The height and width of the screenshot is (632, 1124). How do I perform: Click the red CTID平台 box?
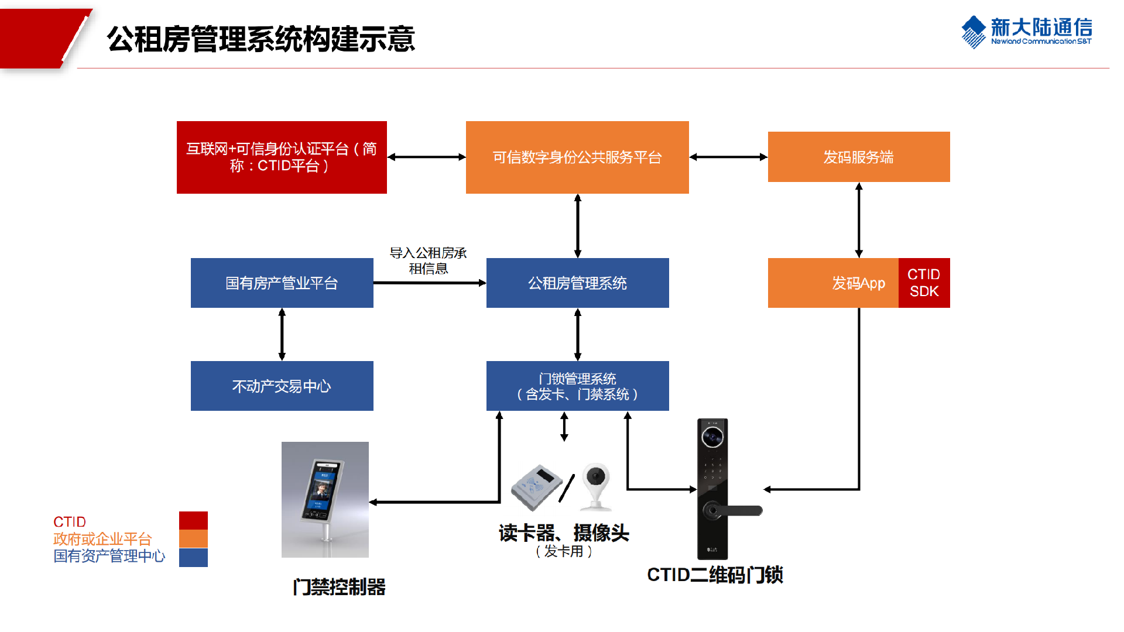(282, 157)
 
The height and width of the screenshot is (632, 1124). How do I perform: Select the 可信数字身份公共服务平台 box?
(577, 157)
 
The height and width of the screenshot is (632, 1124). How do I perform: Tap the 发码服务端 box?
(858, 157)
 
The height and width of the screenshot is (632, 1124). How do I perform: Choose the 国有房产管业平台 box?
(282, 283)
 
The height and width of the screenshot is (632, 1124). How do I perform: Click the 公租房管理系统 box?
(577, 283)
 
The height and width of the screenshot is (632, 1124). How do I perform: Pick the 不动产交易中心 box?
(282, 386)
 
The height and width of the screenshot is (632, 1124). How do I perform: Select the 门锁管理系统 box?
(577, 386)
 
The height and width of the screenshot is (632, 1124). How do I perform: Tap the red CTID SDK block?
(924, 283)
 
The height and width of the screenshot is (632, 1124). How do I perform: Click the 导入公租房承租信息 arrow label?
(428, 260)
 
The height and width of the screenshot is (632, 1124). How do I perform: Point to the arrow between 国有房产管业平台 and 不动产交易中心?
(282, 334)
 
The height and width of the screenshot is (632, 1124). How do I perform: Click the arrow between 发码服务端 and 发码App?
(859, 220)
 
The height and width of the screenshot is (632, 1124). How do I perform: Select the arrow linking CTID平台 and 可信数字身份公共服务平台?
(426, 157)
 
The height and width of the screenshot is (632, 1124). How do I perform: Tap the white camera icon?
(597, 486)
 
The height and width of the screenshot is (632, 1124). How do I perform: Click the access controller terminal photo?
(325, 499)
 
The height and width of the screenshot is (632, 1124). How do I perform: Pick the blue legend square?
(193, 558)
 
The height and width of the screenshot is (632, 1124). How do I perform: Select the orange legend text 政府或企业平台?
(102, 539)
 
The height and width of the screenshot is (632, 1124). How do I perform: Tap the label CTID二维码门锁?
(715, 575)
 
